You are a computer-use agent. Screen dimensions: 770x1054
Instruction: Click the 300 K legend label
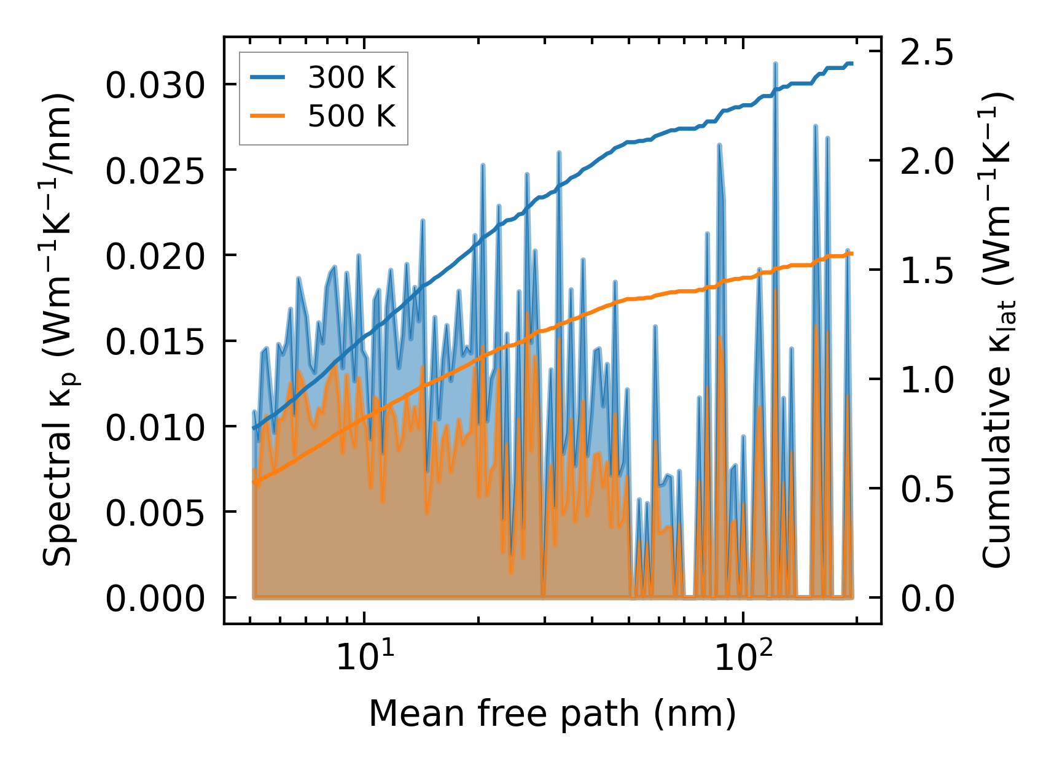point(351,78)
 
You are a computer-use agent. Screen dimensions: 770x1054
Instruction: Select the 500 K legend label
point(351,116)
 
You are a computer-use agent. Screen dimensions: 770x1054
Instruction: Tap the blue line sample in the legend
point(267,78)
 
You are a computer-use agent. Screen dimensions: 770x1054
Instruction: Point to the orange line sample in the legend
point(267,116)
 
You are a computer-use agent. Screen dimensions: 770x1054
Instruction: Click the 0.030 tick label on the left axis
point(155,85)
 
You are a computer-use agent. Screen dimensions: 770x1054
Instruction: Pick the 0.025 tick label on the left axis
point(155,171)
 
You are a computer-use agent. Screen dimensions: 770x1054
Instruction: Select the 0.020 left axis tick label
point(155,256)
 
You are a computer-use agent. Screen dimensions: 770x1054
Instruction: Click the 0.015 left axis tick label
point(155,341)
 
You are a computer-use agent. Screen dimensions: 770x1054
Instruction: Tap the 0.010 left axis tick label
point(155,427)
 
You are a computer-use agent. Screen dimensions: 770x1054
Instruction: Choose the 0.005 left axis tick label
point(155,513)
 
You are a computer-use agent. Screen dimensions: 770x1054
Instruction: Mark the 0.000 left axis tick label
point(155,598)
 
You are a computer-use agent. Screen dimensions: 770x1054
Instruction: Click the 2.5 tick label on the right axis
point(927,53)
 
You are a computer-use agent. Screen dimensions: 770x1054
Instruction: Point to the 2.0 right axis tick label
point(927,162)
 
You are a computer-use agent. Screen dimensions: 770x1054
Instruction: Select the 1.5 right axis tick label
point(927,271)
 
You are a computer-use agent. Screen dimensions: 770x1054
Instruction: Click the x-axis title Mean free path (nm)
point(552,714)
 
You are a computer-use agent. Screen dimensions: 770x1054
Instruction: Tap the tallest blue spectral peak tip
point(776,63)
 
